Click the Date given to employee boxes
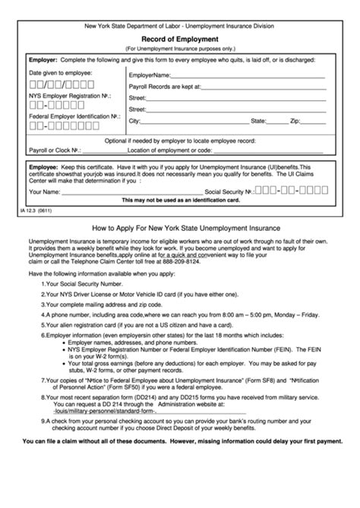pyautogui.click(x=51, y=84)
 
